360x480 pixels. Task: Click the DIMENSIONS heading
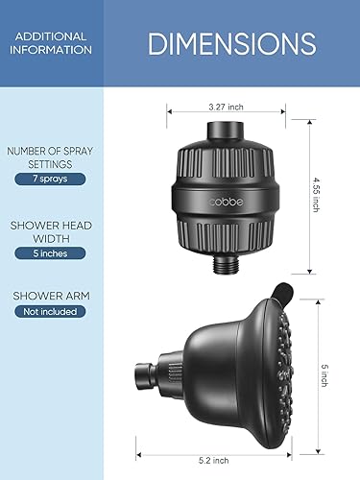point(231,43)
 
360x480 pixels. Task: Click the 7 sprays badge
point(50,180)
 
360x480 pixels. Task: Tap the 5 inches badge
point(50,253)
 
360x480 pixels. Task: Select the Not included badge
point(50,311)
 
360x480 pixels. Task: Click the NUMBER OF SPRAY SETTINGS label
point(50,156)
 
